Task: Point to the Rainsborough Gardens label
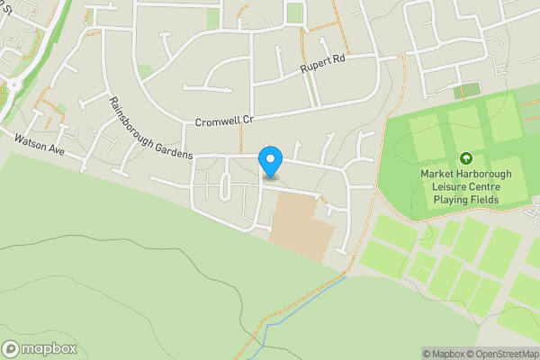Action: [x=150, y=128]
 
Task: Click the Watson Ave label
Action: [x=40, y=147]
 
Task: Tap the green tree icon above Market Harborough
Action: [x=465, y=157]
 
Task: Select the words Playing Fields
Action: [x=465, y=199]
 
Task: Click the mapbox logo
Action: [x=40, y=348]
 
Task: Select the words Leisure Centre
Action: [x=465, y=186]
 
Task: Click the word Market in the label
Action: [x=437, y=173]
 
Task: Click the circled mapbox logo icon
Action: [x=12, y=348]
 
